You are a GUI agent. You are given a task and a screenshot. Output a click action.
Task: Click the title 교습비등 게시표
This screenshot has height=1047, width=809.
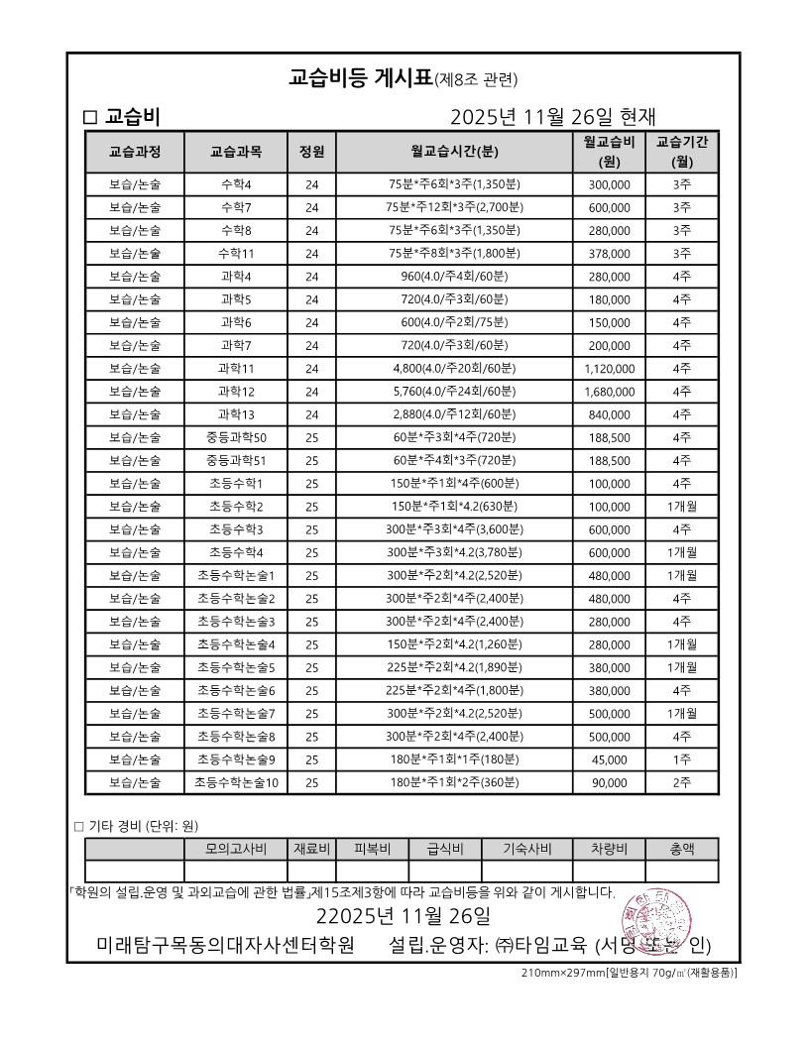coord(361,78)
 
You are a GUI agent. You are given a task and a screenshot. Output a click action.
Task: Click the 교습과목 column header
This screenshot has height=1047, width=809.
coord(236,152)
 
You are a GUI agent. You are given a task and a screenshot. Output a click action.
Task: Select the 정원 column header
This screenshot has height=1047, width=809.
coord(311,152)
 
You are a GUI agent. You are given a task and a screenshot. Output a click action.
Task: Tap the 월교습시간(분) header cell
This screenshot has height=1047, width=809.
coord(454,152)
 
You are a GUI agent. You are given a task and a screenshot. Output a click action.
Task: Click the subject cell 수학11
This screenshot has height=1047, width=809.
coord(236,253)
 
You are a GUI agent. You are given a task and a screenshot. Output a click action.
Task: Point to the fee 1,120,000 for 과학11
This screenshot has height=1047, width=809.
coord(609,368)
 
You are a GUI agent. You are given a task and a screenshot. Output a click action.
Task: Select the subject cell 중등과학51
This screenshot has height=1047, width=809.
coord(236,460)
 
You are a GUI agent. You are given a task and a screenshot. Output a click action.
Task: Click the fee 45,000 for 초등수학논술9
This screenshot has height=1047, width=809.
coord(609,759)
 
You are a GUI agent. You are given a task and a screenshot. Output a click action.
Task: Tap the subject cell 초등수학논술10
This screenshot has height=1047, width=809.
coord(236,782)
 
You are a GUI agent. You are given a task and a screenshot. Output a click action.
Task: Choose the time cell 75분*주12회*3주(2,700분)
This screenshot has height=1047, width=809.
coord(454,207)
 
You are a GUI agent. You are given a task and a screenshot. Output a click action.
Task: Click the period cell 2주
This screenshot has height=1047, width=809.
coord(682,782)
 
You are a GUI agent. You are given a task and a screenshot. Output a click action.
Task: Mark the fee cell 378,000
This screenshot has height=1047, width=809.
coord(609,253)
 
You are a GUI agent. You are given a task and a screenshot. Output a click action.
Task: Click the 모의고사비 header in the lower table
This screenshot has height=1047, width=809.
coord(236,849)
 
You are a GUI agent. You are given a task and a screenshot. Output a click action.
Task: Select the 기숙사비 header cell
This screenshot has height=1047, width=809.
coord(526,849)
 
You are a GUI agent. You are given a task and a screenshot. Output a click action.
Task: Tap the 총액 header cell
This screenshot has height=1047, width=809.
coord(682,849)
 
